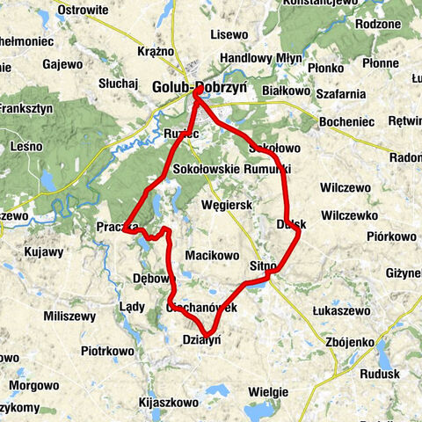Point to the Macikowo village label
pyautogui.click(x=213, y=256)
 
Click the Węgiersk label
pyautogui.click(x=227, y=204)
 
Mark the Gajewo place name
pyautogui.click(x=62, y=64)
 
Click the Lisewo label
pyautogui.click(x=230, y=35)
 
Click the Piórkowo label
pyautogui.click(x=391, y=236)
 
